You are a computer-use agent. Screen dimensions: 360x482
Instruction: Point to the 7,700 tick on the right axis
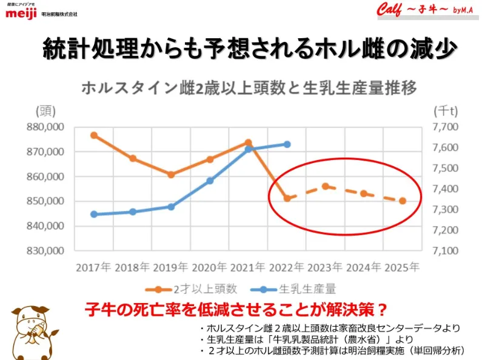click(446, 127)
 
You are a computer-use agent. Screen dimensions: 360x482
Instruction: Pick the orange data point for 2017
click(94, 135)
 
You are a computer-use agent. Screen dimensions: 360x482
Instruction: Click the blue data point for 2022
click(287, 144)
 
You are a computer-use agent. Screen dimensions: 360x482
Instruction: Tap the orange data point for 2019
click(171, 175)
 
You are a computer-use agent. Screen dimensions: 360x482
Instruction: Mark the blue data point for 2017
click(94, 214)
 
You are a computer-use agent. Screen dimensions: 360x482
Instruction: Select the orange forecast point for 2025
click(403, 201)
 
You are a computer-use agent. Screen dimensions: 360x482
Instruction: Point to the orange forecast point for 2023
click(326, 186)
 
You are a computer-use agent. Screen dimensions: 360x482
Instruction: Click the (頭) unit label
click(45, 111)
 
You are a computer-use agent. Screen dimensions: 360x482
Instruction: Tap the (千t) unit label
click(446, 111)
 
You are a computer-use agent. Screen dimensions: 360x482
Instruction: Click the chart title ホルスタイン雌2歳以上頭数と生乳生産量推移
click(249, 88)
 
